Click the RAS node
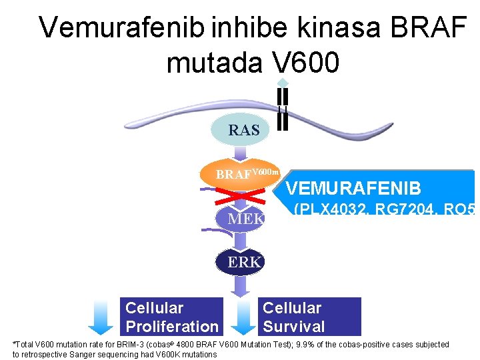[244, 131]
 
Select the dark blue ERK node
[244, 262]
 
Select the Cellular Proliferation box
[172, 317]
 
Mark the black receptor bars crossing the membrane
[283, 108]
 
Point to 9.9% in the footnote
[306, 345]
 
